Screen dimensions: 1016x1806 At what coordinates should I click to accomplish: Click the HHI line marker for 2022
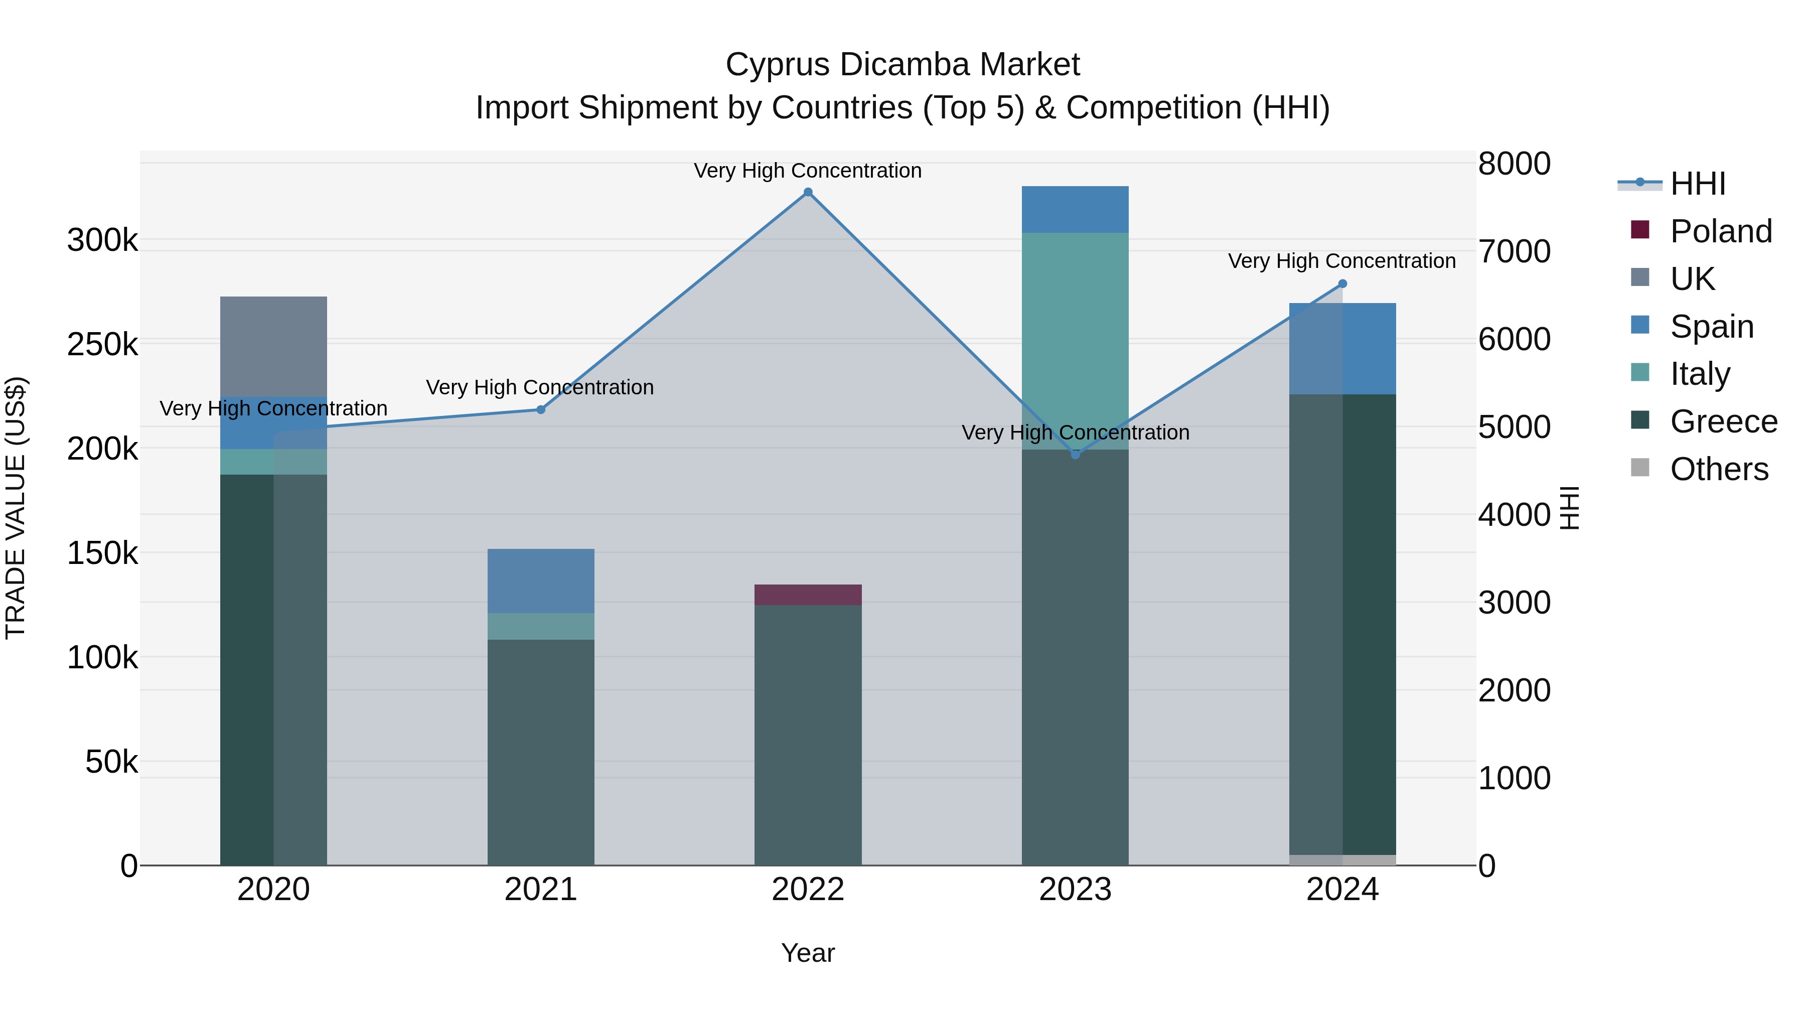808,192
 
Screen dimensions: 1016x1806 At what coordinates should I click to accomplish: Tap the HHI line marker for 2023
1076,455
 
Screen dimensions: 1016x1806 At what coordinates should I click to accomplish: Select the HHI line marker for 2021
540,409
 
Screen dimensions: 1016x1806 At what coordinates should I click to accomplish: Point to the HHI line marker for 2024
1342,284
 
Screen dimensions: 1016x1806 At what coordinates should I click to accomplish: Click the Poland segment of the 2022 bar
808,595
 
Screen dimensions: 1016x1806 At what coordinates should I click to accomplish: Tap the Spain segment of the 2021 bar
540,580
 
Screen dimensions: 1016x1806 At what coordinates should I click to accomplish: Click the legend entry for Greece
1723,421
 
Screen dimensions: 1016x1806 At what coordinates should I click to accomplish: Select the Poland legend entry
1721,231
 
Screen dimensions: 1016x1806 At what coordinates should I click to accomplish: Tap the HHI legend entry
1697,184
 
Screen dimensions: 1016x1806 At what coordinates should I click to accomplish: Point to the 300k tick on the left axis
102,240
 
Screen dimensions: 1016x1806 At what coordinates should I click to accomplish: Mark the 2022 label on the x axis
808,890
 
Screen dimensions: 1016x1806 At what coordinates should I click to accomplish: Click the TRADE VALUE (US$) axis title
16,508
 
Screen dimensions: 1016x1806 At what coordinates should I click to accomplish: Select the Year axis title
808,953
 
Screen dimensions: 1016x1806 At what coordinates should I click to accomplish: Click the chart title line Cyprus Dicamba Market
902,65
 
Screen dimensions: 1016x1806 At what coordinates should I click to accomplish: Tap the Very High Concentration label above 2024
1341,261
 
